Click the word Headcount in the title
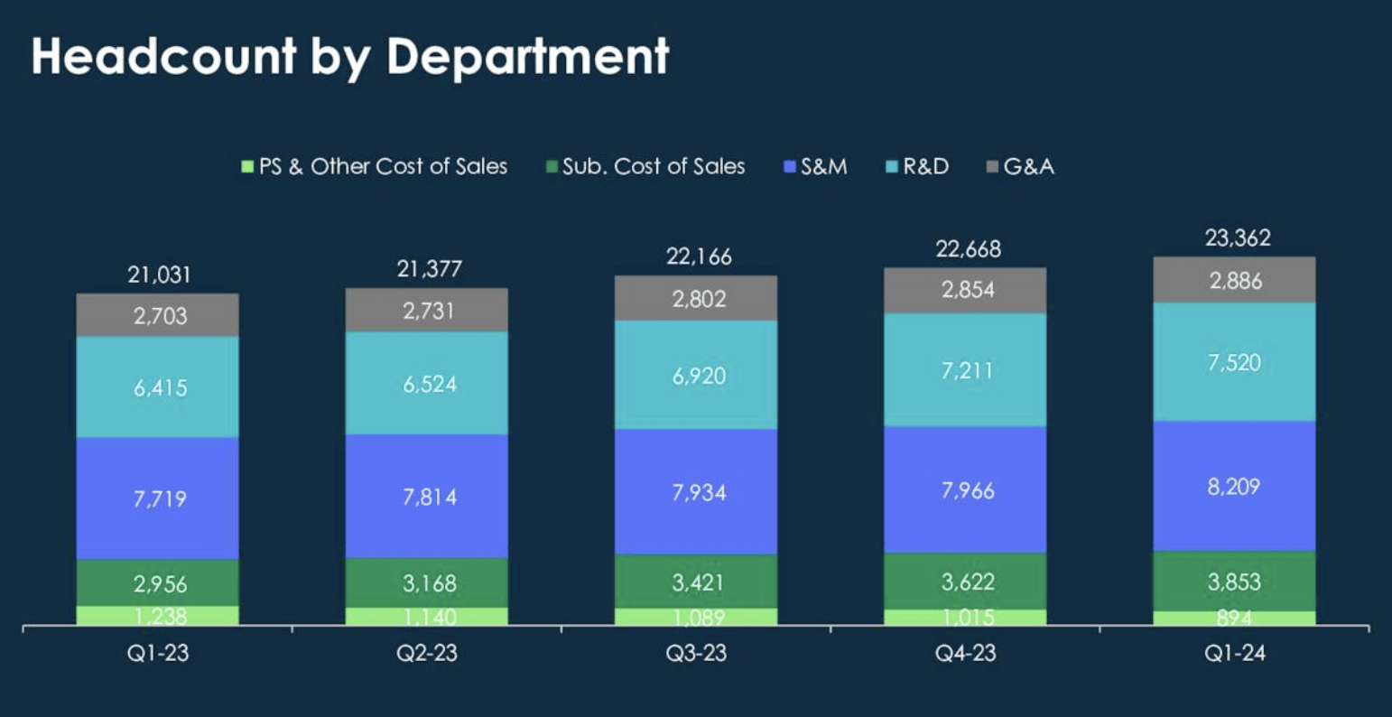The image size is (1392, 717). click(163, 56)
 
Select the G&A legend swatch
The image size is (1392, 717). click(992, 167)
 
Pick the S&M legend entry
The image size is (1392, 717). click(815, 167)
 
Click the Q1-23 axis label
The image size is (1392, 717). click(158, 653)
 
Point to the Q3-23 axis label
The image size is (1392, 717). click(696, 653)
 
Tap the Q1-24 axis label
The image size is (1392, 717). click(1234, 653)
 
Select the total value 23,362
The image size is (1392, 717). click(1237, 238)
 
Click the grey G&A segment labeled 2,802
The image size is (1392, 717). click(696, 299)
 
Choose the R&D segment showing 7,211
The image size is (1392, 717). click(965, 370)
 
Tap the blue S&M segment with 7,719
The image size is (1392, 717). click(158, 498)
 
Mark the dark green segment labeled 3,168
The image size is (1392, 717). click(427, 582)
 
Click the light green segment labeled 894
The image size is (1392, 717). click(1234, 618)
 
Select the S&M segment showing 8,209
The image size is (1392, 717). click(1234, 487)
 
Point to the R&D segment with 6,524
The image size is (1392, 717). click(427, 384)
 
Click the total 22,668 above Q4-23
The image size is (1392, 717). click(967, 249)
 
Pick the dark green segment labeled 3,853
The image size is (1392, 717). click(1234, 582)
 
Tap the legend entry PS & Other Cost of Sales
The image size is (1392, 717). click(375, 167)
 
